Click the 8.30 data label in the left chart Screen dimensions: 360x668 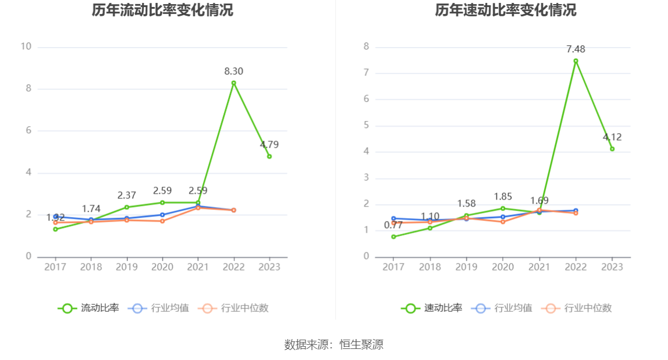pyautogui.click(x=234, y=72)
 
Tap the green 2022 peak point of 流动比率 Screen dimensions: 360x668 pyautogui.click(x=234, y=83)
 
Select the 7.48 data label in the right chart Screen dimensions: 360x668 pyautogui.click(x=575, y=49)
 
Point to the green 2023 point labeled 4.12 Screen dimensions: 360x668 pyautogui.click(x=612, y=149)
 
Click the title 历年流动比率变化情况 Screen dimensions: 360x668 pyautogui.click(x=162, y=10)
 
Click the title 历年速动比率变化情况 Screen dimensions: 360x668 pyautogui.click(x=506, y=10)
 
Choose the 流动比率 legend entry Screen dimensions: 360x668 pyautogui.click(x=88, y=308)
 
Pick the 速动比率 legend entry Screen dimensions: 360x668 pyautogui.click(x=432, y=308)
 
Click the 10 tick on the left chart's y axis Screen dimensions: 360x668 pyautogui.click(x=26, y=47)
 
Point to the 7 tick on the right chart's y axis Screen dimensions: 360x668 pyautogui.click(x=367, y=73)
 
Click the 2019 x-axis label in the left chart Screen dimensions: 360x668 pyautogui.click(x=126, y=267)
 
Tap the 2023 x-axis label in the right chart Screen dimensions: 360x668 pyautogui.click(x=612, y=267)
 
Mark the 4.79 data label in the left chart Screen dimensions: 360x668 pyautogui.click(x=269, y=145)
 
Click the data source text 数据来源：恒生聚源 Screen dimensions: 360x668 pyautogui.click(x=334, y=344)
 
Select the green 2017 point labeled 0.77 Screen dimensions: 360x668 pyautogui.click(x=394, y=237)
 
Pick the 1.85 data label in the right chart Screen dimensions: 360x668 pyautogui.click(x=503, y=197)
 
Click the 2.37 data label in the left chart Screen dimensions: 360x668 pyautogui.click(x=126, y=195)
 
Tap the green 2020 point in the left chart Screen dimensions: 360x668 pyautogui.click(x=162, y=202)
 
